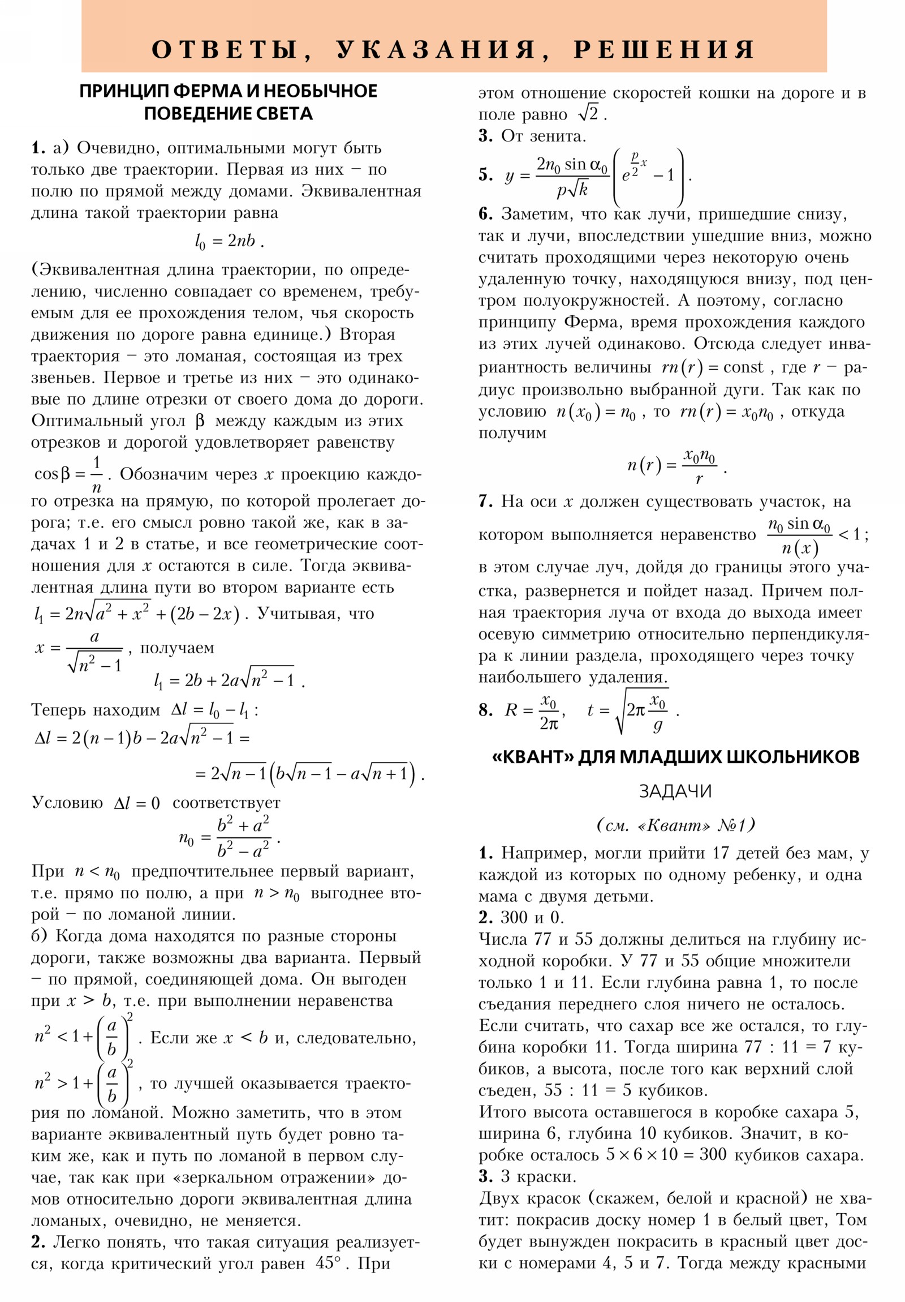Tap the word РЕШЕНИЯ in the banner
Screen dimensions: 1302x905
click(x=663, y=50)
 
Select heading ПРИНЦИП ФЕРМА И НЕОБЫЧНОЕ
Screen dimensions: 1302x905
click(x=228, y=91)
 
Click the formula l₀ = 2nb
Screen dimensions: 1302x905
click(x=229, y=242)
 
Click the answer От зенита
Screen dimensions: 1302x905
click(x=543, y=136)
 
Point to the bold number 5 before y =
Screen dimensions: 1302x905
click(x=485, y=175)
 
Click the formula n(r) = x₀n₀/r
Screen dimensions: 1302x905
click(x=674, y=466)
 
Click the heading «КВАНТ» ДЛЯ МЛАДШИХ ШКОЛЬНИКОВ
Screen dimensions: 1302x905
click(x=675, y=757)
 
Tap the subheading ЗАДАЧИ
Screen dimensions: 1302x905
click(x=675, y=791)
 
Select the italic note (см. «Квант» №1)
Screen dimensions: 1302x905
click(x=675, y=825)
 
